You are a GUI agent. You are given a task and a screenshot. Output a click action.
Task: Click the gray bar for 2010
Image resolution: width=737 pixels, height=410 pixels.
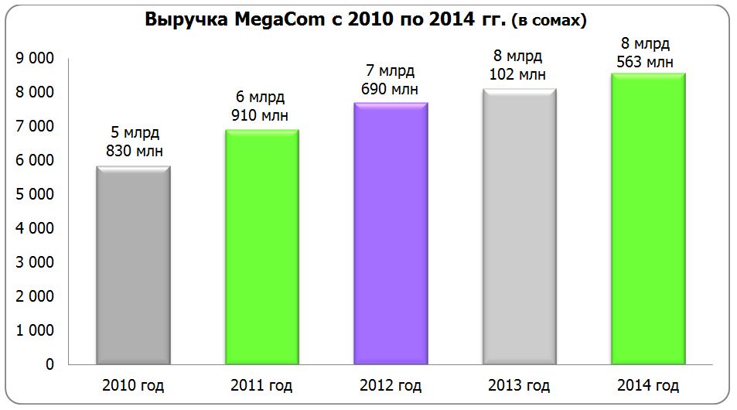pos(133,265)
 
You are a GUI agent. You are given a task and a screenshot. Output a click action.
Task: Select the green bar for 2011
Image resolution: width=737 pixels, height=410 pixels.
pos(262,246)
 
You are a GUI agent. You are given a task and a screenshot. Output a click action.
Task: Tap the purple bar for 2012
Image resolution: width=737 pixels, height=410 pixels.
pos(391,233)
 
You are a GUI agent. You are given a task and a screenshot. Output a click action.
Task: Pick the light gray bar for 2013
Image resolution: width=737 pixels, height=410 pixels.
pos(519,226)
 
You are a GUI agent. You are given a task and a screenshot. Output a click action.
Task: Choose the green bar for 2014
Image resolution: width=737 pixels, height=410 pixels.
pos(648,218)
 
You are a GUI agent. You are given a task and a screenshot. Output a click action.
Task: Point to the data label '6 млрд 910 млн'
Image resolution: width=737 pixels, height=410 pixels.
pos(260,107)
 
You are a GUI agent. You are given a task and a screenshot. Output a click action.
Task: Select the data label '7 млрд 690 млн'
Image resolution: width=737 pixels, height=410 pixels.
pos(390,80)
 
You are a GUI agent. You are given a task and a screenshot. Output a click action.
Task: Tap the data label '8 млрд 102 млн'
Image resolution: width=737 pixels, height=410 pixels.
pos(518,66)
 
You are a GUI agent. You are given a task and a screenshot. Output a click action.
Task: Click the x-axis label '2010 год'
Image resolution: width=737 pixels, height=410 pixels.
pos(134,385)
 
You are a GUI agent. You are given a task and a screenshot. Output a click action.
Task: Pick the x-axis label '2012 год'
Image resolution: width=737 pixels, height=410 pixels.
pos(391,385)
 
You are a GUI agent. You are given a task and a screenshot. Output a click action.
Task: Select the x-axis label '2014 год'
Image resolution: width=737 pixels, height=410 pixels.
pos(648,385)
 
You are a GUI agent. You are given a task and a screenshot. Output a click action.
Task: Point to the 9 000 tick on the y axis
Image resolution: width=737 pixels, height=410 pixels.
pos(34,58)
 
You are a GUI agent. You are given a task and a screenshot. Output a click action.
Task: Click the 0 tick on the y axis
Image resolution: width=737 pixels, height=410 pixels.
pos(49,364)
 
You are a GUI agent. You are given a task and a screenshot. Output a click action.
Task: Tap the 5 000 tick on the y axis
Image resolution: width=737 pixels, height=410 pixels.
pos(34,194)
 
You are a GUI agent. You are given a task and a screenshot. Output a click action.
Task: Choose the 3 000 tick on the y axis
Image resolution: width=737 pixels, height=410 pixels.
pos(34,262)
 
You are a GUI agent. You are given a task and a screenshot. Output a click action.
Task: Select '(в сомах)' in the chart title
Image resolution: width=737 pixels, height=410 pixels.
pos(549,22)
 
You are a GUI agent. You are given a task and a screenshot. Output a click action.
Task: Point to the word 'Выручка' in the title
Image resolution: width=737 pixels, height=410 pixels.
pos(184,20)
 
